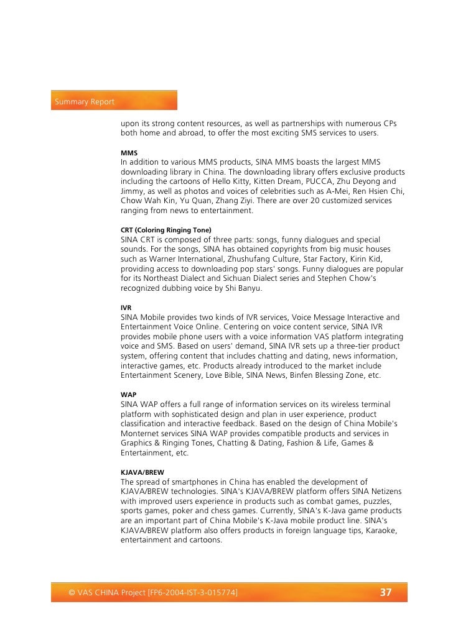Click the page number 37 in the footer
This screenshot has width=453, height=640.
(x=386, y=593)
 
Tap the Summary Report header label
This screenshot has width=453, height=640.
(x=85, y=101)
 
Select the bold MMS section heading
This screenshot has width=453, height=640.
(x=129, y=153)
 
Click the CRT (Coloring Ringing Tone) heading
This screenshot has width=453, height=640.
(x=166, y=230)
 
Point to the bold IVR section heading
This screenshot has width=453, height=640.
(x=126, y=308)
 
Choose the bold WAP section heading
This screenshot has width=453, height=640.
(x=128, y=395)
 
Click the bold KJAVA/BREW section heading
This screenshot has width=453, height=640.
(x=142, y=472)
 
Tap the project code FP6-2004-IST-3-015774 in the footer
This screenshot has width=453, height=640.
(x=192, y=593)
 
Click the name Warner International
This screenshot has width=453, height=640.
(x=172, y=259)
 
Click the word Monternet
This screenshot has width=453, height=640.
(x=141, y=434)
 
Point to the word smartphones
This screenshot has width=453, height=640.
(x=189, y=482)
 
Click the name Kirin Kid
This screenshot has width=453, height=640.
(x=370, y=259)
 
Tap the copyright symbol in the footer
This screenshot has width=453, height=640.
(x=72, y=593)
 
